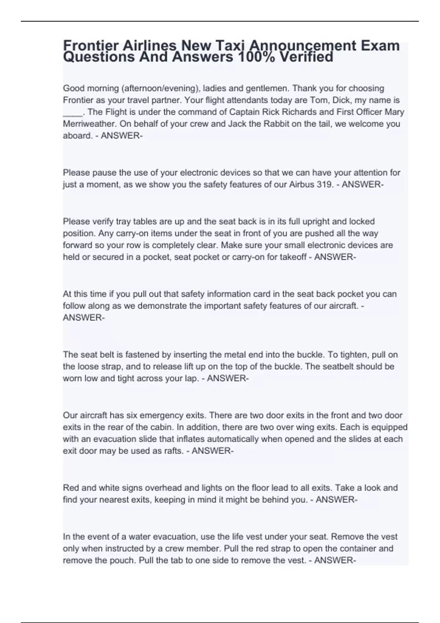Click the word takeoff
293,257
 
